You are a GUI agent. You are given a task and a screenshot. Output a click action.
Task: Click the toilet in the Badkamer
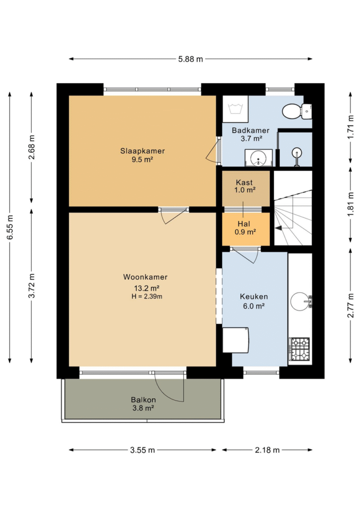click(297, 111)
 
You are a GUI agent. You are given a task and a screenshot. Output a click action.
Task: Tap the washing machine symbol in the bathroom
click(235, 108)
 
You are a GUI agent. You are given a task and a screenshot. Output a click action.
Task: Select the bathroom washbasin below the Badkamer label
click(258, 158)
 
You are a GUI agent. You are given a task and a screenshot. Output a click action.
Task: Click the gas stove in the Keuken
click(300, 349)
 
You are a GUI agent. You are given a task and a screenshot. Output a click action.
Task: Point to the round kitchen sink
click(300, 302)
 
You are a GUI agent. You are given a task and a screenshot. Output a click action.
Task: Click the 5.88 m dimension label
click(190, 59)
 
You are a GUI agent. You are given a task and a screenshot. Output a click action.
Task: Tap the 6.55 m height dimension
click(10, 227)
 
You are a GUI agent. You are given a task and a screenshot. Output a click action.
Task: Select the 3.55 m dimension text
click(142, 450)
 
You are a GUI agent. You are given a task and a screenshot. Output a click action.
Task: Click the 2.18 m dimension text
click(267, 450)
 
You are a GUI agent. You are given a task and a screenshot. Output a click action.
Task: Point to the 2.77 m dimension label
click(351, 305)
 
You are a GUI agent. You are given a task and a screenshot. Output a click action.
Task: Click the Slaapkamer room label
click(142, 151)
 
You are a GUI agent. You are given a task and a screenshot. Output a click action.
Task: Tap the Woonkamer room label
click(145, 277)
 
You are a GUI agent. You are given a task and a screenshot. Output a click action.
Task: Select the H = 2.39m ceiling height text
click(147, 296)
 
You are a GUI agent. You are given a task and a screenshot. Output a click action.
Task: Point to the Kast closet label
click(244, 182)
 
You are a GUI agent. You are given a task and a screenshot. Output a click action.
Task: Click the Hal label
click(244, 224)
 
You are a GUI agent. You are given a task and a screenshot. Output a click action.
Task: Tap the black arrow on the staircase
click(279, 228)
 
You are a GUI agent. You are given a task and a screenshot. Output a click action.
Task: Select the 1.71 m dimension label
click(351, 127)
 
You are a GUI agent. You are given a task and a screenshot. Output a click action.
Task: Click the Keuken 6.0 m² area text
click(254, 306)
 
